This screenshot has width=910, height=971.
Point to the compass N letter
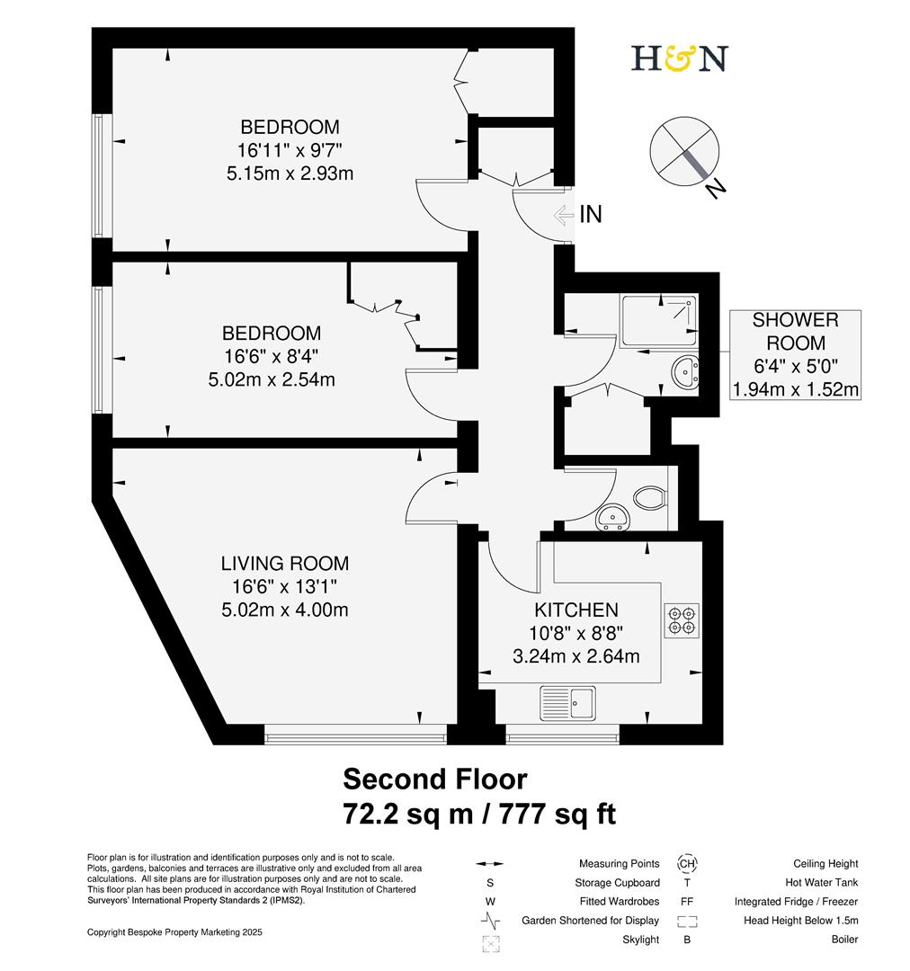click(x=716, y=189)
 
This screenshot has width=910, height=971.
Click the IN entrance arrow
click(x=565, y=215)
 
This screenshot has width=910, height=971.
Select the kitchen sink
click(x=567, y=703)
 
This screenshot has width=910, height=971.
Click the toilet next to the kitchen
click(x=649, y=497)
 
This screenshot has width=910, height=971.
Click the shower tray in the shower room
click(x=657, y=321)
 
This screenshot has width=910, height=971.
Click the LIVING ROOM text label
click(x=285, y=564)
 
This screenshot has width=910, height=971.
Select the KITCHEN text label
click(x=576, y=610)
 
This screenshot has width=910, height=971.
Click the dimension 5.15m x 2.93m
click(x=290, y=172)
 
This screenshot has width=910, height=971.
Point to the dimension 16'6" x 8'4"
click(x=272, y=357)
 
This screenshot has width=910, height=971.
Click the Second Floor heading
click(x=435, y=778)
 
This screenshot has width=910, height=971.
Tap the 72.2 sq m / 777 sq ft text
click(x=479, y=814)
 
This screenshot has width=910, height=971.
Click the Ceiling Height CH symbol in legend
click(x=687, y=864)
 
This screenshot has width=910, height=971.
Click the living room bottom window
click(x=356, y=737)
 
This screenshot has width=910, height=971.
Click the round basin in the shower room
click(x=685, y=369)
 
